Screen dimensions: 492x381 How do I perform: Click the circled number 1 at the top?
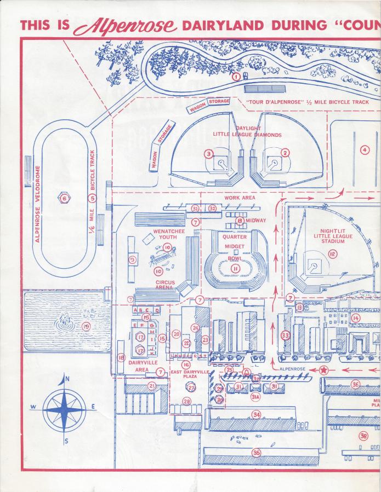236,77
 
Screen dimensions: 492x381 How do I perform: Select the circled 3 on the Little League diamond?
209,154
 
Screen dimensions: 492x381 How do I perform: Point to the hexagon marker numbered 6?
64,199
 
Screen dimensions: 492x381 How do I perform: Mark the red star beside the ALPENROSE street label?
324,371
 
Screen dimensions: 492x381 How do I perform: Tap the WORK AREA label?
240,198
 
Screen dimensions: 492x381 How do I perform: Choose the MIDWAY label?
255,221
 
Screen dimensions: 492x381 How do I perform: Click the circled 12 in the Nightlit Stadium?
332,253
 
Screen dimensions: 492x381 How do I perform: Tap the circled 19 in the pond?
86,327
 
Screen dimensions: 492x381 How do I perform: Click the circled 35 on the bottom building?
256,452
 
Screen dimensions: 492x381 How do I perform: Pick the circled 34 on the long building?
256,415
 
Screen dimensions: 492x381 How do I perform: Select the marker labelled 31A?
255,398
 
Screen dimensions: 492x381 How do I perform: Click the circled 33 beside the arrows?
285,335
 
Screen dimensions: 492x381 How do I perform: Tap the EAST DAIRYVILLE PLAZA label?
190,374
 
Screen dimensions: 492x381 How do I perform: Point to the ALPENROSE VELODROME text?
37,204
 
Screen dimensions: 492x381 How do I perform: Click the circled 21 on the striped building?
152,385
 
